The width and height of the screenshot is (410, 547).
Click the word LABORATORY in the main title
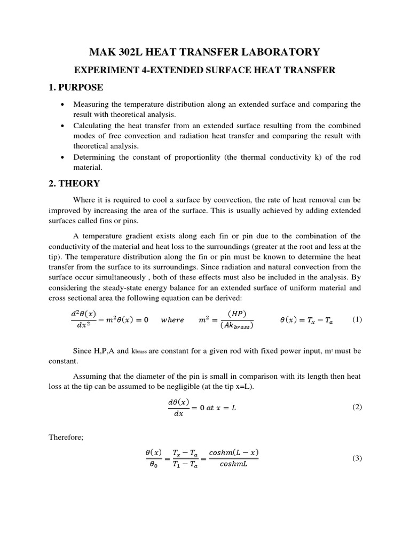[282, 52]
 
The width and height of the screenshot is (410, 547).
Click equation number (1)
[357, 319]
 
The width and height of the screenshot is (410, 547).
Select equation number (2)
[357, 407]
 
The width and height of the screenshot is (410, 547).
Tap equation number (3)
[357, 458]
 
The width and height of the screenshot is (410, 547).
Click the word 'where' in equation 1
[172, 320]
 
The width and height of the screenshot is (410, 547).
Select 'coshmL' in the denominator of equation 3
[234, 464]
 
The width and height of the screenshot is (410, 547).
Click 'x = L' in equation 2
[225, 408]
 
